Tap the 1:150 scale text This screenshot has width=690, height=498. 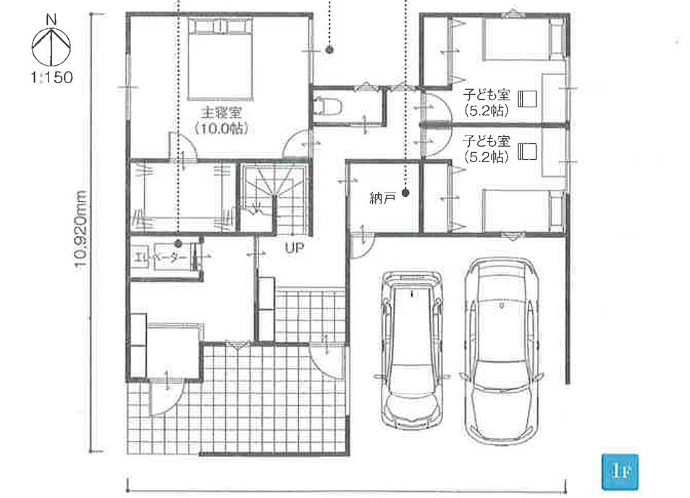pos(51,77)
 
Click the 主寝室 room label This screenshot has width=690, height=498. pos(221,113)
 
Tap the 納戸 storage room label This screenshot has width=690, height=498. pos(382,199)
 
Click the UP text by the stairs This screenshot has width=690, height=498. pos(295,248)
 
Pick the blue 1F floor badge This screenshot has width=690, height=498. pos(620,473)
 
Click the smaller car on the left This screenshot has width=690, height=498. pos(412,350)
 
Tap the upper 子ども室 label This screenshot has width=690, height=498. pos(487,95)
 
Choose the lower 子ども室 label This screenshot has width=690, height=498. pos(487,141)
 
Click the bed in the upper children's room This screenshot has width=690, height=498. pos(523,38)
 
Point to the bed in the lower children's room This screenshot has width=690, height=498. pos(523,211)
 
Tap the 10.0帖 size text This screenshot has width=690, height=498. pos(222,128)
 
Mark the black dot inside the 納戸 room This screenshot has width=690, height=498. pos(405,193)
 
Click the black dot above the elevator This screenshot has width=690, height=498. pos(178,242)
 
